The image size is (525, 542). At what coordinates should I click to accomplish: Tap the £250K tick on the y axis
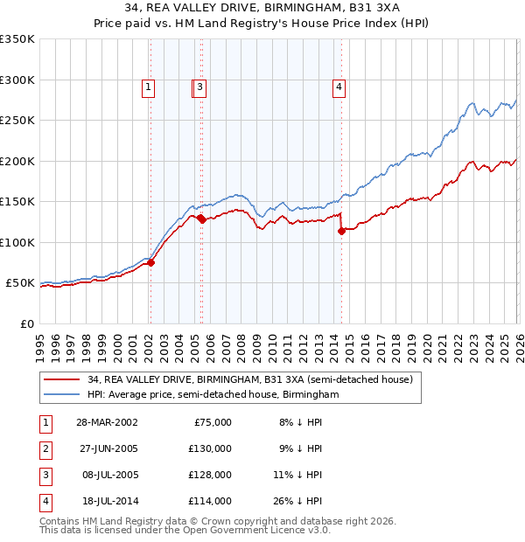coord(17,121)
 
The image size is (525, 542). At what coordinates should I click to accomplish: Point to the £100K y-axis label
coord(17,242)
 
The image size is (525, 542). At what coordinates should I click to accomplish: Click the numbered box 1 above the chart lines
coord(150,87)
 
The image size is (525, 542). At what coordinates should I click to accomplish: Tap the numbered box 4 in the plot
coord(339,87)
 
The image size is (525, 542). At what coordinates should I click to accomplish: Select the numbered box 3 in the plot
coord(200,87)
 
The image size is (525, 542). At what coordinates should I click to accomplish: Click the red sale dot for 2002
coord(151,262)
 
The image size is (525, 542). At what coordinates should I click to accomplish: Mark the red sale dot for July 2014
coord(341,231)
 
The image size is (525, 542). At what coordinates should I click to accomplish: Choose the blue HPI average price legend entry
coord(213,394)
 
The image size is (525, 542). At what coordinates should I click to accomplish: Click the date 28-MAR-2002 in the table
coord(107,422)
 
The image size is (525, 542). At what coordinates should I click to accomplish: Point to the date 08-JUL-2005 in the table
coord(107,475)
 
